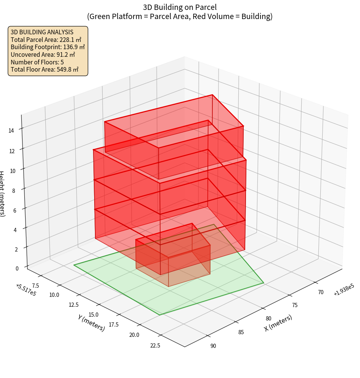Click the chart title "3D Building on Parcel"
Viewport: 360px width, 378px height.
(x=180, y=7)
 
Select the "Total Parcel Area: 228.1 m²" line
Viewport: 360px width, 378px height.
(x=46, y=40)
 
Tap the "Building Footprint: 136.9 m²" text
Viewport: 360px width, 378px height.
(x=48, y=47)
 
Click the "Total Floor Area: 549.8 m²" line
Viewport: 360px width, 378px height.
(x=45, y=69)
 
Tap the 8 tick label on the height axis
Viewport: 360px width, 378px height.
(x=14, y=189)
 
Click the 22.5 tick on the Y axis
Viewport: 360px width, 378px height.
(x=155, y=346)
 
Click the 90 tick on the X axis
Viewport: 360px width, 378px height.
(x=213, y=346)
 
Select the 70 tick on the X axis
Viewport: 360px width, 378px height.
(x=320, y=292)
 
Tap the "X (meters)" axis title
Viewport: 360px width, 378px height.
(x=278, y=323)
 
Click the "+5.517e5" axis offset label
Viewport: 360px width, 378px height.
(x=26, y=290)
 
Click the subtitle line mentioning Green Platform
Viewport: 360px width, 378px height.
(x=180, y=16)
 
